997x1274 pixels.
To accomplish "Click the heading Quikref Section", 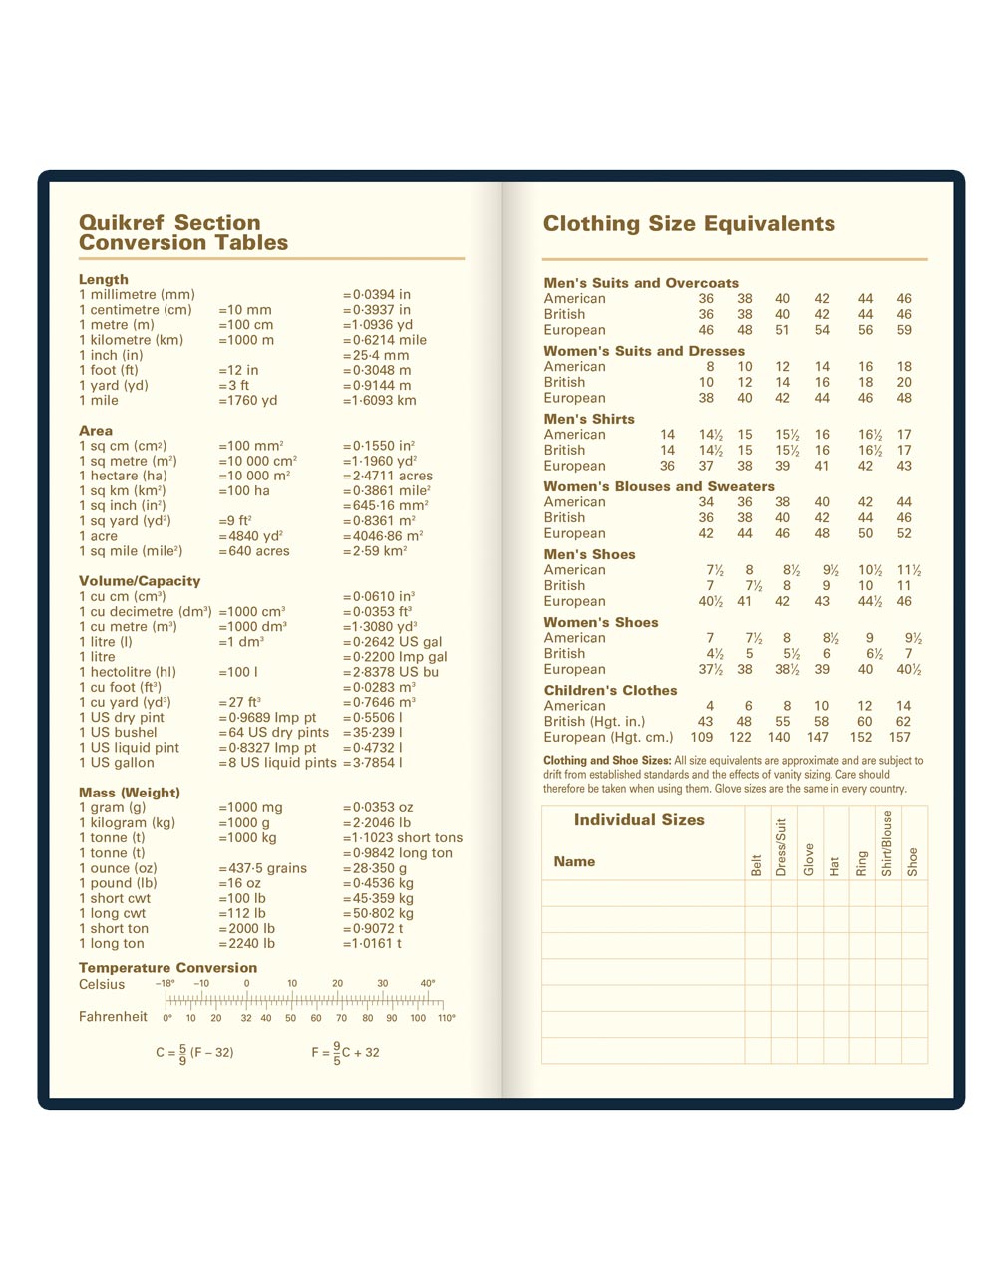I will click(x=169, y=223).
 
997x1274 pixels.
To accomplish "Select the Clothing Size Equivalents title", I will click(x=689, y=224).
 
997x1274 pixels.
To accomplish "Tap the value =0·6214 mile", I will click(x=384, y=340).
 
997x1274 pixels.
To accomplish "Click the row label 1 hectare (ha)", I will click(x=123, y=477).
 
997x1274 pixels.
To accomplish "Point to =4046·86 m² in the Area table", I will click(x=383, y=536).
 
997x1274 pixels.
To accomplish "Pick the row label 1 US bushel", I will click(x=118, y=733).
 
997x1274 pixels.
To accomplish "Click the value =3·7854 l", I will click(x=372, y=763).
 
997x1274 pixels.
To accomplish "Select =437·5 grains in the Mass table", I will click(x=262, y=868).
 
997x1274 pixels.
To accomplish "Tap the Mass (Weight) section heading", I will click(x=130, y=793).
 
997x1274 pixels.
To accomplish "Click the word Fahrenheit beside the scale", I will click(x=113, y=1017).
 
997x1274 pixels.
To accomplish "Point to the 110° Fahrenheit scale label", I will click(x=446, y=1018).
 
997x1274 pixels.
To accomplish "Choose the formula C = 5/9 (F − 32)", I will click(x=194, y=1053).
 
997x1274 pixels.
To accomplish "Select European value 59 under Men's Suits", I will click(x=904, y=330).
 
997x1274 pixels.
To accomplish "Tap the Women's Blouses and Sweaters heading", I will click(x=659, y=486).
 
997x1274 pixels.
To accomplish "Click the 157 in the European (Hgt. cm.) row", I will click(x=900, y=738).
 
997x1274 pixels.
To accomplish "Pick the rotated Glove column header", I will click(x=809, y=859).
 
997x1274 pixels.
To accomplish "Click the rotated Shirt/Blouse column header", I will click(x=887, y=844).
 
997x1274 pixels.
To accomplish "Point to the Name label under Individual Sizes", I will click(x=574, y=862).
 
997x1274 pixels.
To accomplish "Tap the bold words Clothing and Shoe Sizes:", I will click(x=607, y=761).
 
